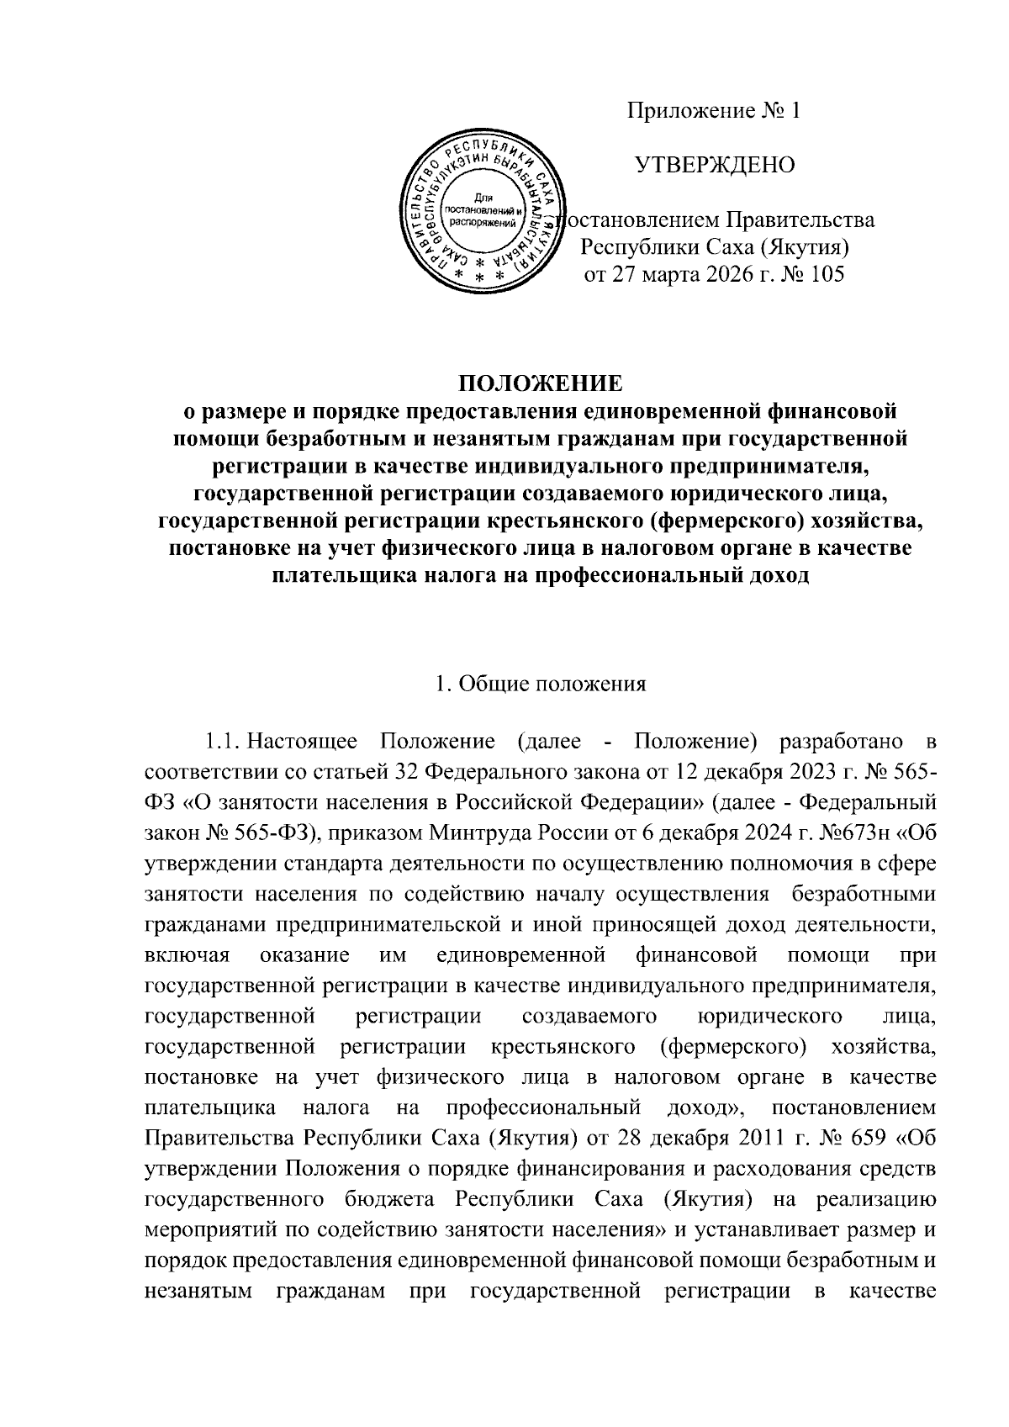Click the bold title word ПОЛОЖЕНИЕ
click(x=540, y=384)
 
